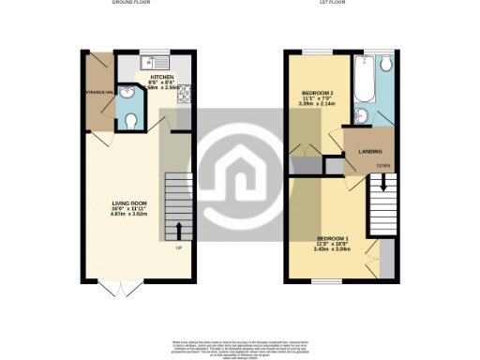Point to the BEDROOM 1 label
(333, 238)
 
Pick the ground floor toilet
(130, 119)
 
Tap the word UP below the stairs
(178, 247)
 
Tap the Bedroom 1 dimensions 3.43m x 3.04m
(334, 250)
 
